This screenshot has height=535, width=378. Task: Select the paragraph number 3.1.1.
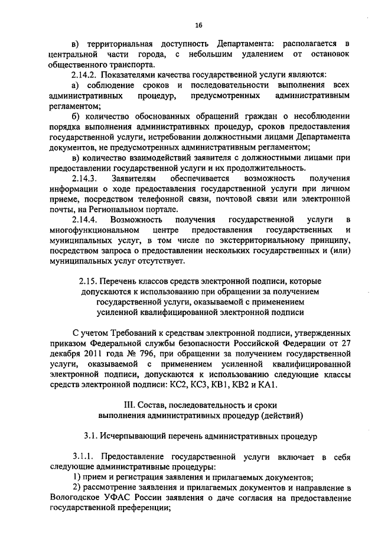point(83,457)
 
